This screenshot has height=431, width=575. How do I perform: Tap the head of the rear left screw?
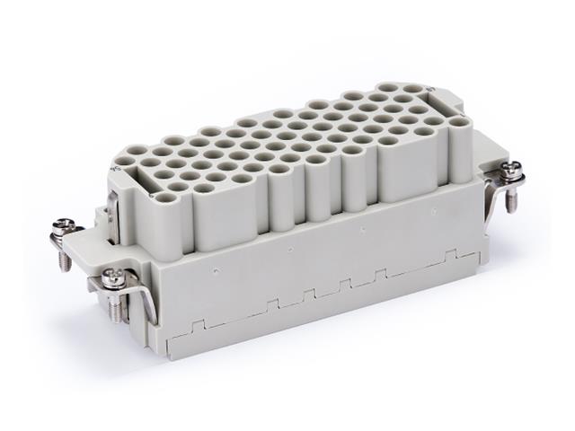pyautogui.click(x=66, y=224)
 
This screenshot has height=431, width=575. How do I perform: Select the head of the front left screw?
pyautogui.click(x=115, y=277)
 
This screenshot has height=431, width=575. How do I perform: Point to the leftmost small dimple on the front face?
pyautogui.click(x=217, y=267)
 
